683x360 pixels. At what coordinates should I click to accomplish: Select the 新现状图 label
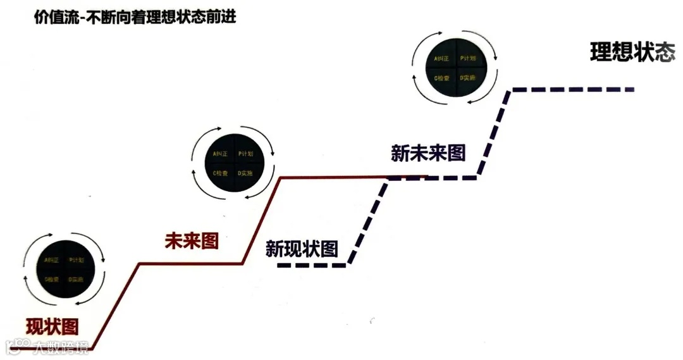(302, 249)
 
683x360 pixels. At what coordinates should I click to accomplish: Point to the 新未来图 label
(428, 152)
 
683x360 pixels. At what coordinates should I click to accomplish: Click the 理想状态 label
(632, 52)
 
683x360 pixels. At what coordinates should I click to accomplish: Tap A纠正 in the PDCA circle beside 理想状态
(441, 59)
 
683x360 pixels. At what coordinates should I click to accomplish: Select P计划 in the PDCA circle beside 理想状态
(468, 59)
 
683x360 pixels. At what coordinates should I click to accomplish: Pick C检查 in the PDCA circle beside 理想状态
(441, 78)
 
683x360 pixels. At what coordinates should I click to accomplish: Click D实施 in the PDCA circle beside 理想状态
(468, 78)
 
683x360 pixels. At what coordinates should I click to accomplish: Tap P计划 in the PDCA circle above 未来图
(246, 154)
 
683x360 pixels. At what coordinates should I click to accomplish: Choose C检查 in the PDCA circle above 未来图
(220, 173)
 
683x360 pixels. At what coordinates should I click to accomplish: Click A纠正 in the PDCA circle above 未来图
(220, 154)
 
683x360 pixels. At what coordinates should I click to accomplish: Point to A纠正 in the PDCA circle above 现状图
(52, 260)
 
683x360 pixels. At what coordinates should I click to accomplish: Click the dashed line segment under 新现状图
(313, 266)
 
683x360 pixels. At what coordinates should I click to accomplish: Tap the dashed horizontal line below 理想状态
(572, 90)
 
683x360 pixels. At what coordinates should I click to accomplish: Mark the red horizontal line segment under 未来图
(190, 263)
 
